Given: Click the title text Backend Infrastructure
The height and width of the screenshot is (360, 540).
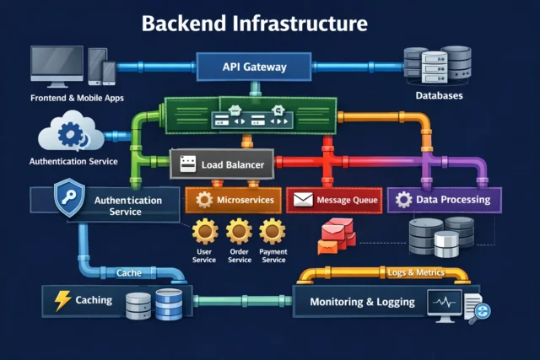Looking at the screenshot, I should (255, 22).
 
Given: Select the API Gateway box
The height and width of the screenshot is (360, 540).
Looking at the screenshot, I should (255, 66).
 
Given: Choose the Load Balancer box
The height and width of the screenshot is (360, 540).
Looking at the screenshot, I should (222, 164).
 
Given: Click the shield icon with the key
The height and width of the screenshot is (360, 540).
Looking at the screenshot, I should (67, 199).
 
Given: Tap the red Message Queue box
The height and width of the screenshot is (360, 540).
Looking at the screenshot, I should (334, 200).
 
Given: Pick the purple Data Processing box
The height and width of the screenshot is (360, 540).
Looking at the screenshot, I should (444, 200).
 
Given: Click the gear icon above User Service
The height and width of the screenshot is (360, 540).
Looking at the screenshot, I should (205, 231).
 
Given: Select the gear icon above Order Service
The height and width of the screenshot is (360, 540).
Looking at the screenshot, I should (239, 231).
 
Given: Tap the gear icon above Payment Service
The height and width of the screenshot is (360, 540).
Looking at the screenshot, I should (273, 231).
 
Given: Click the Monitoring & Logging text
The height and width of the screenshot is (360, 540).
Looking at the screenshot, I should (362, 302).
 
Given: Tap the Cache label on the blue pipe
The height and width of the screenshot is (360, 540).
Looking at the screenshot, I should (128, 273).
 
